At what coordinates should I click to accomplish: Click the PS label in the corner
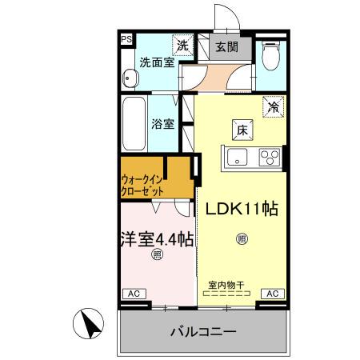[126, 38]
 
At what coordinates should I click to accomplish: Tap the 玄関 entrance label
[226, 46]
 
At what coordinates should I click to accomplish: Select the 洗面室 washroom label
[156, 62]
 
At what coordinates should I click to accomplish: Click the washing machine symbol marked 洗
[183, 46]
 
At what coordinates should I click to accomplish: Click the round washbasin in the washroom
[130, 79]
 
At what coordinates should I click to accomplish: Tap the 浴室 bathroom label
[163, 125]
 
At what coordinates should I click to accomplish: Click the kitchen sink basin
[240, 157]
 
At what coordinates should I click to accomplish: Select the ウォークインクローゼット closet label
[144, 186]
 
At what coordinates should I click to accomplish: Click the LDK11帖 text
[242, 210]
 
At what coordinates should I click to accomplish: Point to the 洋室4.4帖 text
[157, 238]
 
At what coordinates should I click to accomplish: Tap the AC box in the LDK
[270, 294]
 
